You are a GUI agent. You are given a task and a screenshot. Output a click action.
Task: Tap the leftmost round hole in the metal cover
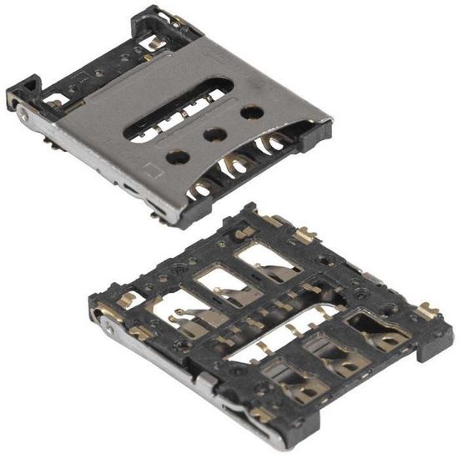coord(177,155)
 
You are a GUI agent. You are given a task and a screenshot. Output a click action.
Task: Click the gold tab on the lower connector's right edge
coord(426,312)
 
